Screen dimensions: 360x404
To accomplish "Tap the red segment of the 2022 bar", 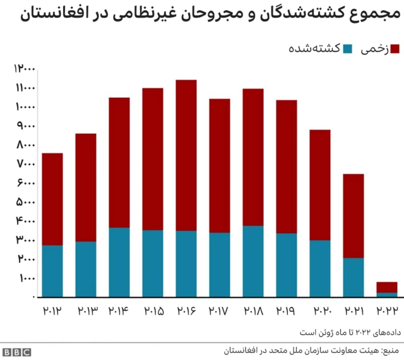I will [387, 287].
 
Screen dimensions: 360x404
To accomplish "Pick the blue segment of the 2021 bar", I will [353, 277].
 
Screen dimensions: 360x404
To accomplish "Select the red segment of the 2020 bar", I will [320, 184].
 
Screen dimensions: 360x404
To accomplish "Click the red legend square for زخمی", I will [396, 49].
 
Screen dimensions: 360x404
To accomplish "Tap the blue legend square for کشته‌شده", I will [348, 49].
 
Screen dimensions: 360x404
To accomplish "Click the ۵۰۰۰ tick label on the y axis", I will [23, 201].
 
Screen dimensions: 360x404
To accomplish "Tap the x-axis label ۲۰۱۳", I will [85, 311].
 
